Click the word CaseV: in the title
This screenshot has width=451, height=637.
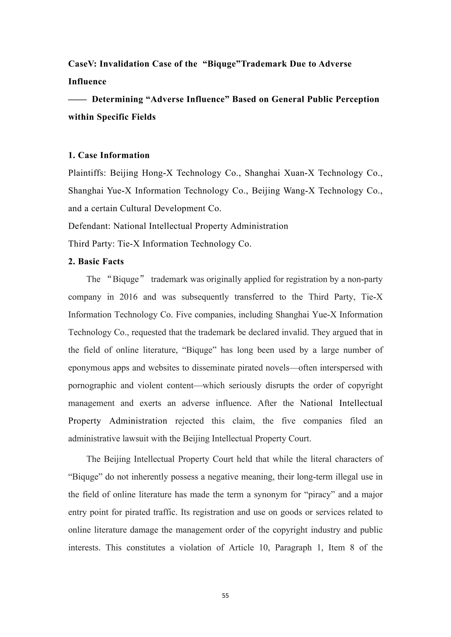click(x=82, y=64)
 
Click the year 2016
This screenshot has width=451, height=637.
click(x=128, y=297)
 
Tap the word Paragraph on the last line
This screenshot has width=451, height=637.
click(x=293, y=548)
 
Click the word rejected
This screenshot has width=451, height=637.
click(x=189, y=421)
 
